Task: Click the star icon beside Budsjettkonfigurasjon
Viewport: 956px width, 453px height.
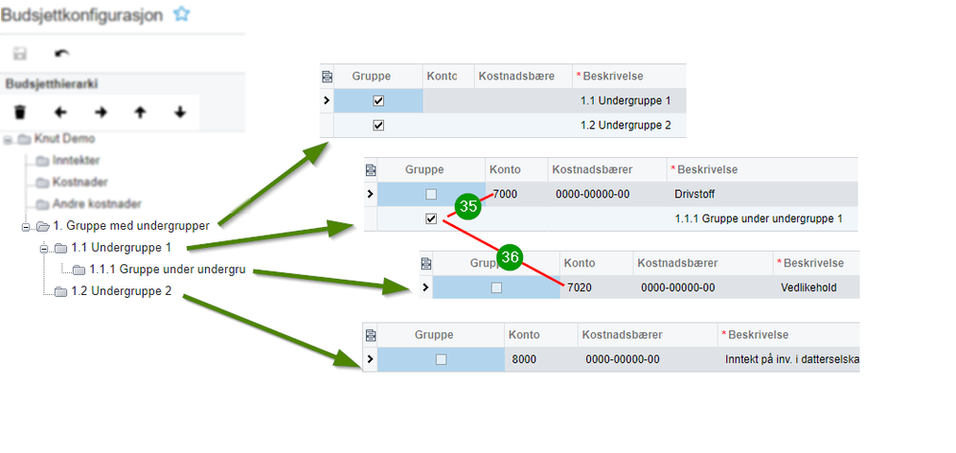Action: pos(182,13)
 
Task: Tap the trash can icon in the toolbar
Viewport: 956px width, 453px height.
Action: pos(19,112)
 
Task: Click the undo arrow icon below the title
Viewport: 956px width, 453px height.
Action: pos(62,54)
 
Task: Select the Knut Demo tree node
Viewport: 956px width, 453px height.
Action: pos(64,139)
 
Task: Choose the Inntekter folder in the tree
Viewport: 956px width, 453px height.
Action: pos(76,160)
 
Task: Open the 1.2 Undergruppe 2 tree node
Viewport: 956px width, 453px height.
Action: pos(122,290)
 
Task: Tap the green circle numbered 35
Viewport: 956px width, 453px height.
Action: pos(468,206)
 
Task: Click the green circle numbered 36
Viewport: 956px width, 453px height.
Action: pos(511,257)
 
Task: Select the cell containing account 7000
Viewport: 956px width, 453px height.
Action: pos(505,194)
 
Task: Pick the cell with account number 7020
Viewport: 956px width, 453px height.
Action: pos(580,286)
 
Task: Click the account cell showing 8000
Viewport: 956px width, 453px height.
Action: pos(524,359)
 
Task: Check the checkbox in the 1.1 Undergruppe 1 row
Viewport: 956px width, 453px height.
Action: pos(378,101)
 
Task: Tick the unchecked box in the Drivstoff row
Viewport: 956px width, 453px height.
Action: pos(431,194)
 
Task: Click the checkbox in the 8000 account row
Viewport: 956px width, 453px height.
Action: pos(441,359)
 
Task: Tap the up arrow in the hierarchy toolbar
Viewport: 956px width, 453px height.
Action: pos(140,112)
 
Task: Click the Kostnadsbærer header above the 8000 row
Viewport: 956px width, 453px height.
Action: pos(624,334)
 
